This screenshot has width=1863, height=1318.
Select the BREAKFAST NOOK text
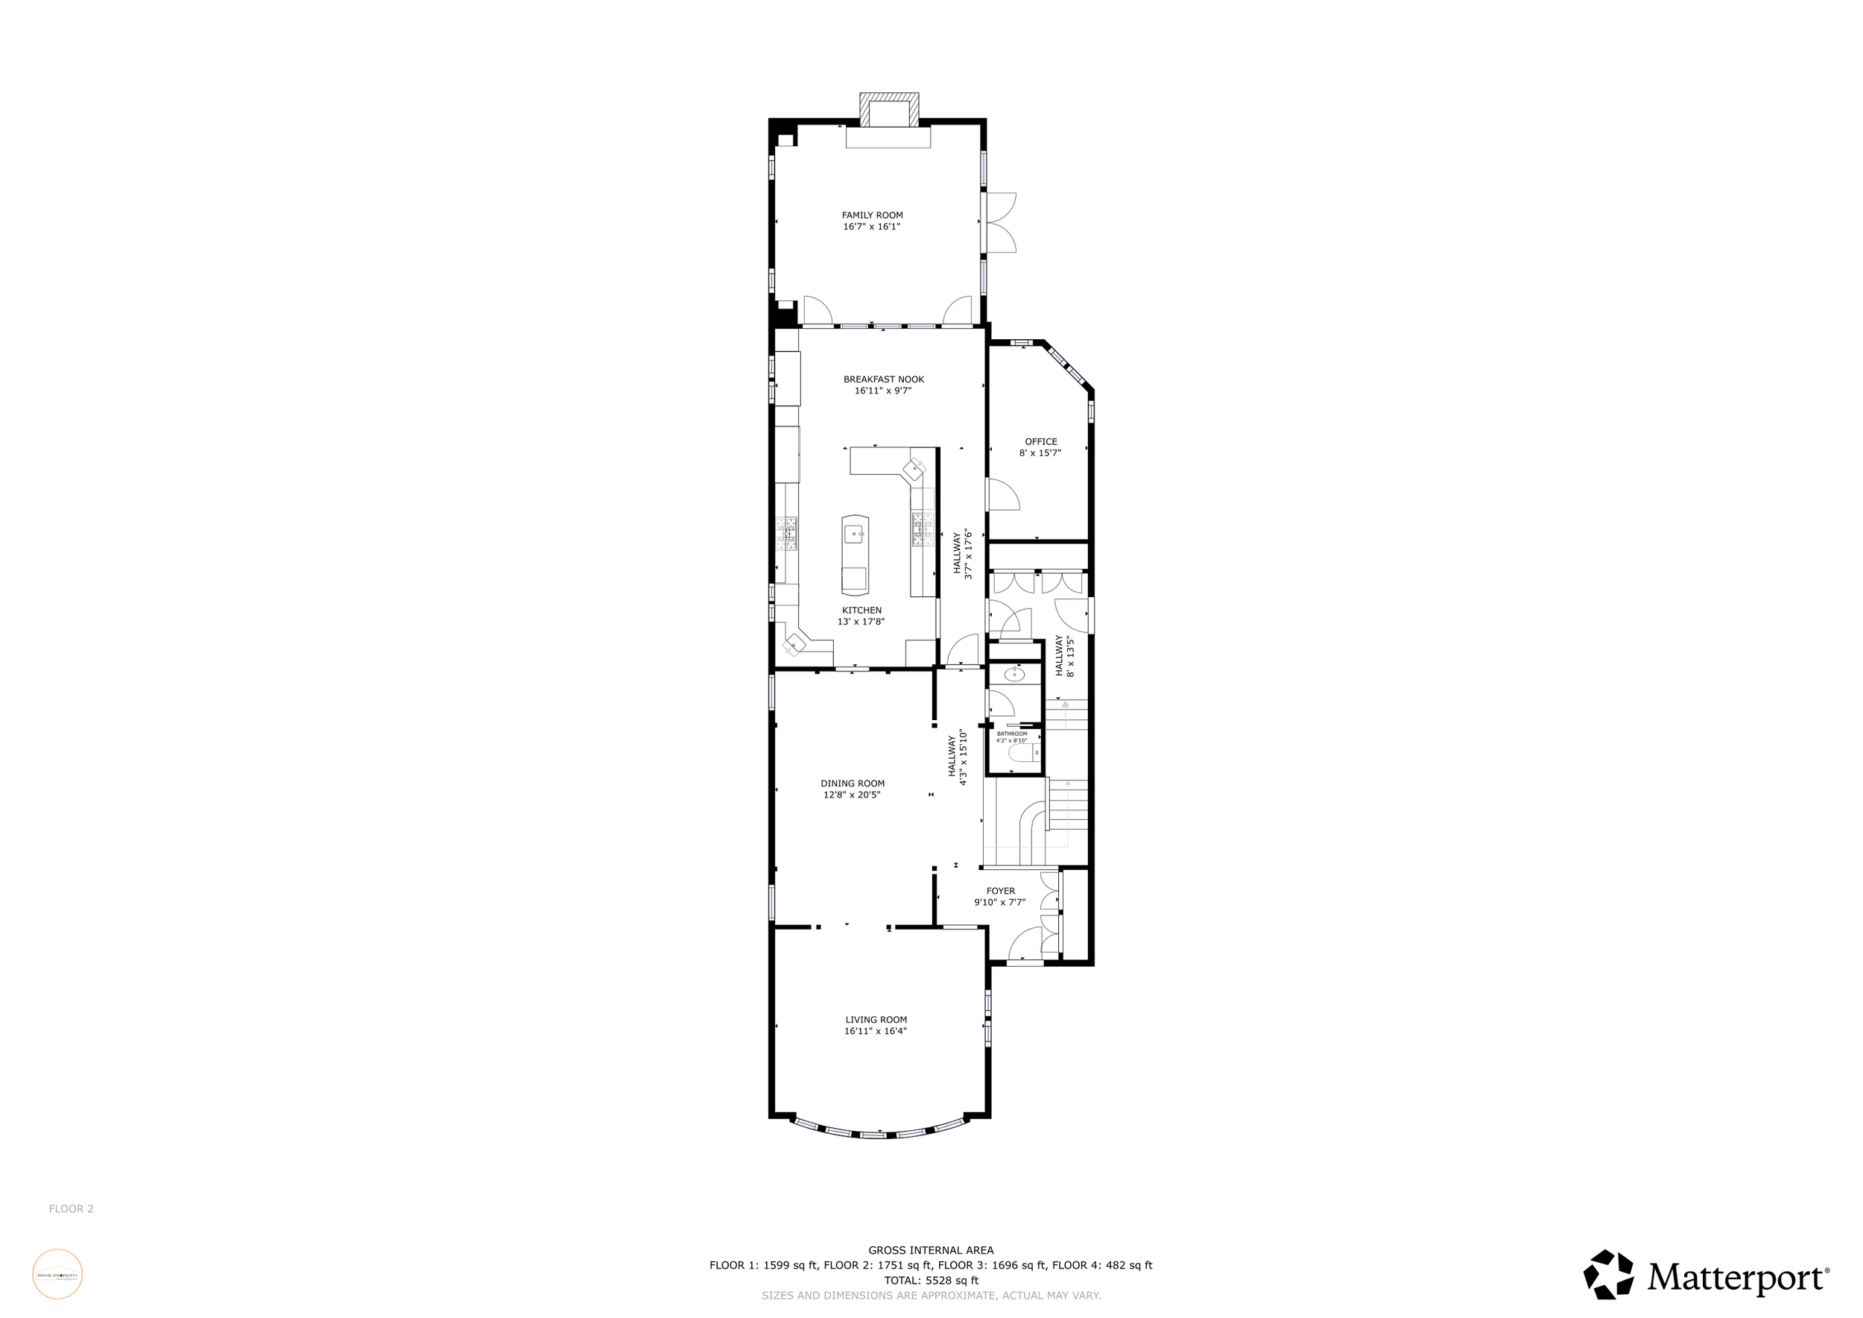pyautogui.click(x=883, y=379)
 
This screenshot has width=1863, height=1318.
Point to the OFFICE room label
pyautogui.click(x=1040, y=442)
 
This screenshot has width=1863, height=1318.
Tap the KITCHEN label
pyautogui.click(x=861, y=611)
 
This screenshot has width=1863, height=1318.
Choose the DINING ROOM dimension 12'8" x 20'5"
pyautogui.click(x=851, y=795)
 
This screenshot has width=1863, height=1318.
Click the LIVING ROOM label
pyautogui.click(x=876, y=1020)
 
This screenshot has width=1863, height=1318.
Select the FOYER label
pyautogui.click(x=1001, y=891)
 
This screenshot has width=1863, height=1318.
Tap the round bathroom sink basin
pyautogui.click(x=1014, y=674)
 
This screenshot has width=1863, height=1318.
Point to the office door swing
pyautogui.click(x=1003, y=494)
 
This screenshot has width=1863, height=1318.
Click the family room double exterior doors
pyautogui.click(x=1001, y=222)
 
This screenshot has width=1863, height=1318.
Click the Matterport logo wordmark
pyautogui.click(x=1736, y=1278)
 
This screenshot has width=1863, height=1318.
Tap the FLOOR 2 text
pyautogui.click(x=72, y=1208)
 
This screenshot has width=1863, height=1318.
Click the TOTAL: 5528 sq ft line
pyautogui.click(x=931, y=1281)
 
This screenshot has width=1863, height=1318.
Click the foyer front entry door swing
pyautogui.click(x=1025, y=945)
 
